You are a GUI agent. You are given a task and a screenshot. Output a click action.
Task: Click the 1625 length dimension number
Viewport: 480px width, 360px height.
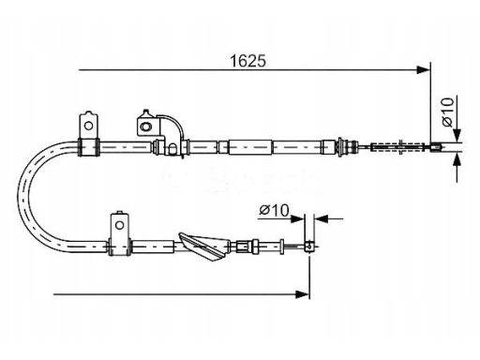tap(247, 61)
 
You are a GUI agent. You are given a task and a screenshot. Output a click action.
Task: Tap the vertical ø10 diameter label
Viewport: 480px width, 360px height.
tap(448, 112)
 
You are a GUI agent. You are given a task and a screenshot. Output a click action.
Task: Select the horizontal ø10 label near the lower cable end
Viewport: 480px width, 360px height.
tap(274, 210)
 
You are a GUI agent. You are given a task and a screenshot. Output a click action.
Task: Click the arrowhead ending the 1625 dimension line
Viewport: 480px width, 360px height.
tap(423, 69)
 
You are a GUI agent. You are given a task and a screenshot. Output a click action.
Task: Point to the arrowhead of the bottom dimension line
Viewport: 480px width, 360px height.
tap(302, 294)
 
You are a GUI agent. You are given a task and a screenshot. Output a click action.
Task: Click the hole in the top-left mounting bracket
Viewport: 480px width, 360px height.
tap(89, 126)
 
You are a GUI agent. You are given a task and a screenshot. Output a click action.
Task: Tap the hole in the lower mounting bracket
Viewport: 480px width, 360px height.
tap(119, 225)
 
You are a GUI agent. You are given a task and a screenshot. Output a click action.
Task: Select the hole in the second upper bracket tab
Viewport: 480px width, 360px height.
tap(145, 127)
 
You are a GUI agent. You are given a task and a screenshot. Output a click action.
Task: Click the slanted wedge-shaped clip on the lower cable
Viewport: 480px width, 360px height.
tap(202, 247)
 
